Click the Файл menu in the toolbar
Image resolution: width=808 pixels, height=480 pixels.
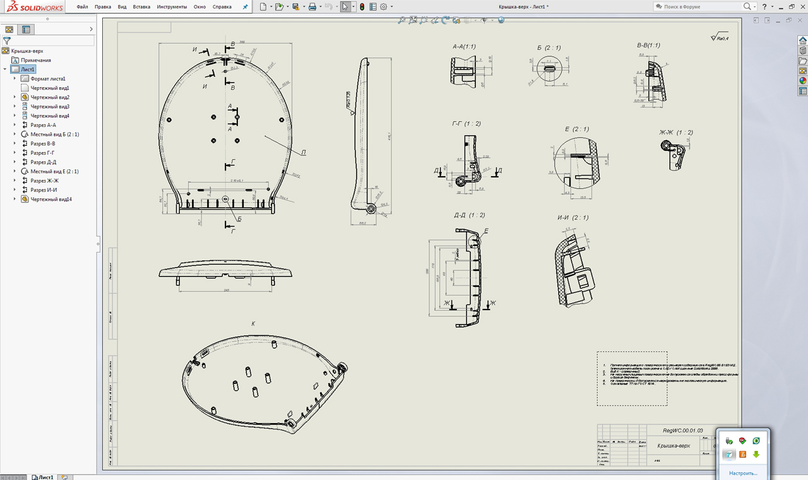pyautogui.click(x=82, y=6)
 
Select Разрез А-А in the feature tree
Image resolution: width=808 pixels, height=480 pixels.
pyautogui.click(x=43, y=125)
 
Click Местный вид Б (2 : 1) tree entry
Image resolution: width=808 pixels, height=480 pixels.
pyautogui.click(x=54, y=135)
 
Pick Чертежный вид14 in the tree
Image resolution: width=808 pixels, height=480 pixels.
pyautogui.click(x=51, y=199)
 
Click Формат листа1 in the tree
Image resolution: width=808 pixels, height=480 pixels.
pyautogui.click(x=48, y=79)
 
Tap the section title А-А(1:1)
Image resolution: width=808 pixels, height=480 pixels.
pyautogui.click(x=464, y=47)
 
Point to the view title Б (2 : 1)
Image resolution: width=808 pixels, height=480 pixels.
pyautogui.click(x=549, y=47)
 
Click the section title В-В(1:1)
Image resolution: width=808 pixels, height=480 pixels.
pyautogui.click(x=648, y=45)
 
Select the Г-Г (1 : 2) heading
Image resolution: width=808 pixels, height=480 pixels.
pyautogui.click(x=466, y=123)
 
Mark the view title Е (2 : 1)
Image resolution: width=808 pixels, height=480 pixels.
pyautogui.click(x=576, y=129)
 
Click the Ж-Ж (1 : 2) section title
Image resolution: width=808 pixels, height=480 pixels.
pyautogui.click(x=676, y=132)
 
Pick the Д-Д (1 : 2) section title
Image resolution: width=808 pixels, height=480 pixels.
pyautogui.click(x=469, y=215)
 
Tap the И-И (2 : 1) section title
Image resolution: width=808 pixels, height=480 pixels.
pyautogui.click(x=573, y=217)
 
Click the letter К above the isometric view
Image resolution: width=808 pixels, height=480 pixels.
pyautogui.click(x=253, y=323)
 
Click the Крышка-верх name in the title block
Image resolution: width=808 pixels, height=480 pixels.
pyautogui.click(x=674, y=446)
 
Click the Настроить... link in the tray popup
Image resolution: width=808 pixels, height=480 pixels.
pyautogui.click(x=742, y=472)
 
